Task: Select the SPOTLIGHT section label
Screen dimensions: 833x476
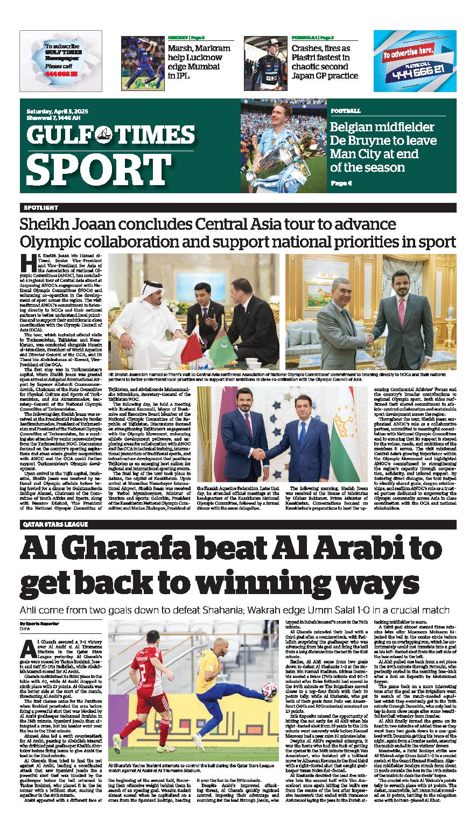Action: [x=41, y=208]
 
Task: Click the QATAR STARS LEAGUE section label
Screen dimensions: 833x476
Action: [x=53, y=524]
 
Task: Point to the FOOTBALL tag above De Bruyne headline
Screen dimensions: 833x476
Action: [x=346, y=110]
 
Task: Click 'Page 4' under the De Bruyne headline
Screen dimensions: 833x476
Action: [x=341, y=183]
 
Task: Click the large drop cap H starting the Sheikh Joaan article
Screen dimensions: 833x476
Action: [x=28, y=262]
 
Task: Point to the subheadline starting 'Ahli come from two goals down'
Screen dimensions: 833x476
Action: [x=234, y=610]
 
